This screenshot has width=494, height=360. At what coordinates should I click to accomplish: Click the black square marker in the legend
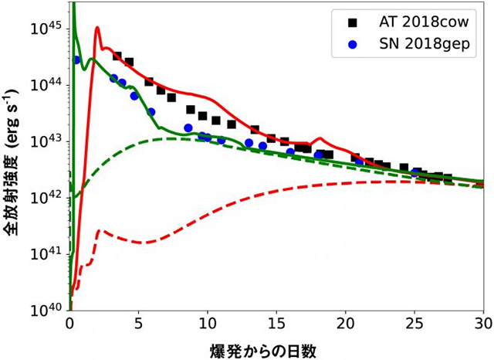pyautogui.click(x=340, y=21)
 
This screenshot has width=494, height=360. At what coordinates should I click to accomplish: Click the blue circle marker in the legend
pyautogui.click(x=340, y=46)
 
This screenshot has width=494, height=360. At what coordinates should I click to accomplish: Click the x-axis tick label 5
pyautogui.click(x=138, y=323)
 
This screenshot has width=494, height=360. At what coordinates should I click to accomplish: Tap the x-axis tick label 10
pyautogui.click(x=208, y=323)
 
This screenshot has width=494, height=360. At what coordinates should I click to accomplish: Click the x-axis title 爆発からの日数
pyautogui.click(x=276, y=348)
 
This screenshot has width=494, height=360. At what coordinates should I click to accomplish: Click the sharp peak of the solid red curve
pyautogui.click(x=97, y=29)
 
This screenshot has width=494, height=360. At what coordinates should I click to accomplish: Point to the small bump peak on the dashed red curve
pyautogui.click(x=99, y=230)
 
